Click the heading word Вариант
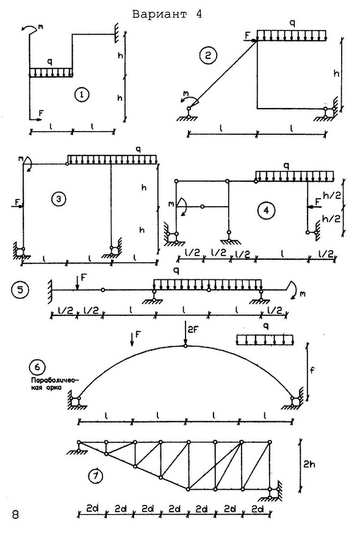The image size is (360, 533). pos(160,14)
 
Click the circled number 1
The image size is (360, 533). pos(82,95)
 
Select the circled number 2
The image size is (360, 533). pos(208,55)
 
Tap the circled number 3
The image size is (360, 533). pos(59,199)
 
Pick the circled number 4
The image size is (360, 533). pos(266,210)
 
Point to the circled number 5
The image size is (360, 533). pos(20,290)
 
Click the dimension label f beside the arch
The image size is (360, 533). pos(312,370)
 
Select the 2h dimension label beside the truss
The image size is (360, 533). pos(309,464)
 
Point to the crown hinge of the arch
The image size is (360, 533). pos(185,346)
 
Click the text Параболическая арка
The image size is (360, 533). pos(54,384)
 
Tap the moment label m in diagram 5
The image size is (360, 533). pos(303,293)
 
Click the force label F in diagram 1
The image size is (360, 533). pos(41,113)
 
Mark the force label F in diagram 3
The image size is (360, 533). pos(17,202)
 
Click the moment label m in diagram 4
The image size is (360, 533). pos(171,204)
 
